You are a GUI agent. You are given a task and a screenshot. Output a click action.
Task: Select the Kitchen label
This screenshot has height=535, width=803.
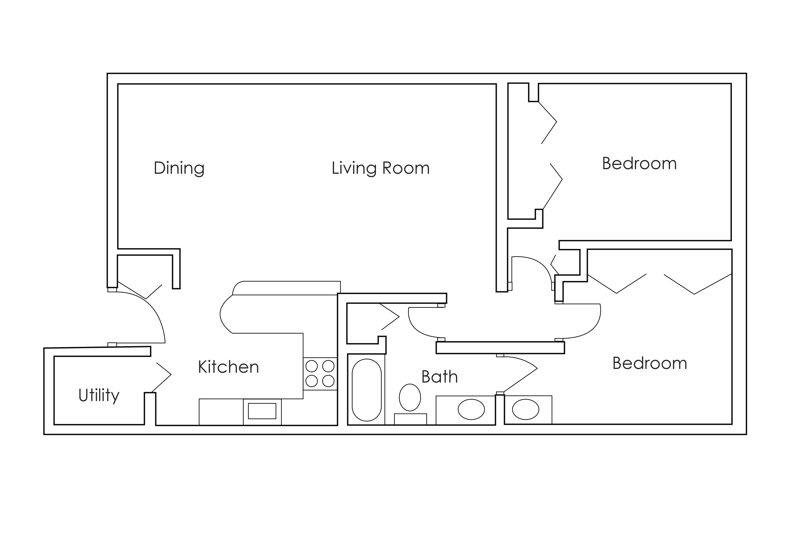pyautogui.click(x=228, y=367)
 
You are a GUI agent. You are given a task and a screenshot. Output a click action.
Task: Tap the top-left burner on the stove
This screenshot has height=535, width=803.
pyautogui.click(x=311, y=366)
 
